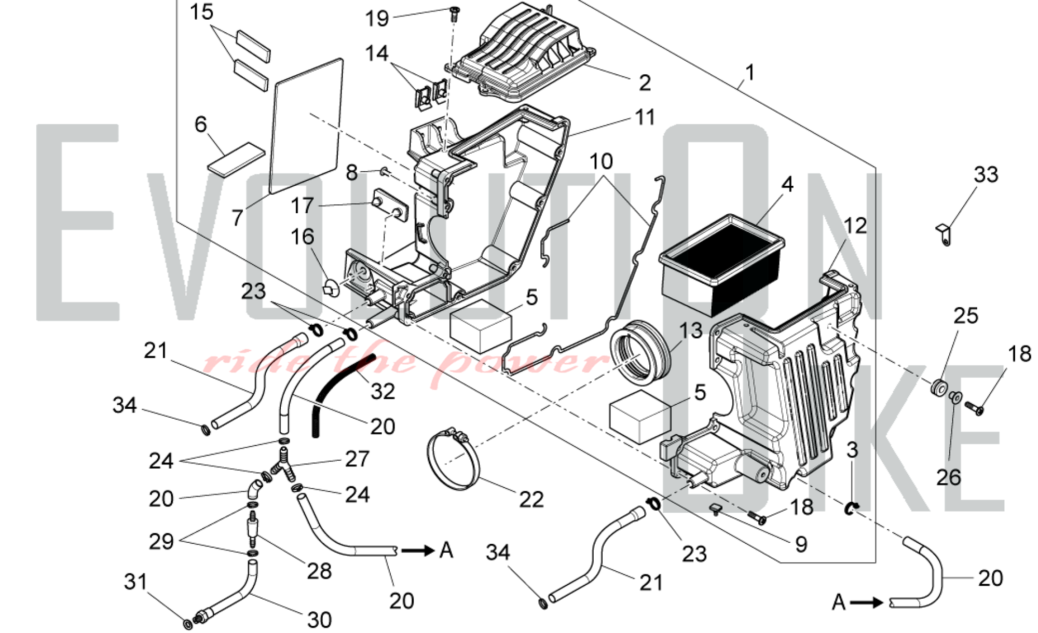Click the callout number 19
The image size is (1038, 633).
(377, 19)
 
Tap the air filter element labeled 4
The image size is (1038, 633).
(721, 265)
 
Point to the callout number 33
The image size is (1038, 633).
(986, 174)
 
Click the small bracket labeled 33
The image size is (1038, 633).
(945, 235)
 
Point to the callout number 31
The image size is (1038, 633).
(135, 582)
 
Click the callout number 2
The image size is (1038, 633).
(645, 82)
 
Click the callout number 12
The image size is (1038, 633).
(855, 226)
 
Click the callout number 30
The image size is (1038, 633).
(319, 620)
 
